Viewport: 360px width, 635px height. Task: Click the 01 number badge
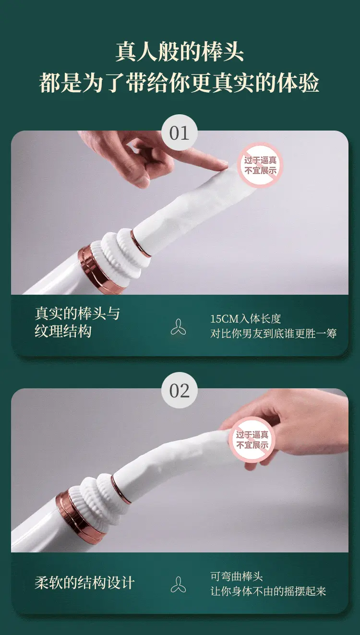coord(179,132)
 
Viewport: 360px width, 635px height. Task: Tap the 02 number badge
coord(179,390)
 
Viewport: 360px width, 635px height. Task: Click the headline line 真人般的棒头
coord(180,52)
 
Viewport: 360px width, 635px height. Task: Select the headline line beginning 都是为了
coord(179,83)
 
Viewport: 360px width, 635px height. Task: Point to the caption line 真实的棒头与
coord(77,313)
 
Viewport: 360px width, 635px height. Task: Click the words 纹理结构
coord(63,331)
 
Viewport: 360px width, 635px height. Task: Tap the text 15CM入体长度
coord(245,319)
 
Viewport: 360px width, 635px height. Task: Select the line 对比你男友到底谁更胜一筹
coord(273,334)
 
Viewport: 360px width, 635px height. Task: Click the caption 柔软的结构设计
coord(84,583)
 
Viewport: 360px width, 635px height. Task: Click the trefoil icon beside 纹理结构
coord(178,327)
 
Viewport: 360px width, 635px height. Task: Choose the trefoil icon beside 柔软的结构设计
coord(178,585)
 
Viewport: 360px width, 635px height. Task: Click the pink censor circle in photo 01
coord(260,165)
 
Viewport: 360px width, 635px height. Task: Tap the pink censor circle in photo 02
coord(252,440)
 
